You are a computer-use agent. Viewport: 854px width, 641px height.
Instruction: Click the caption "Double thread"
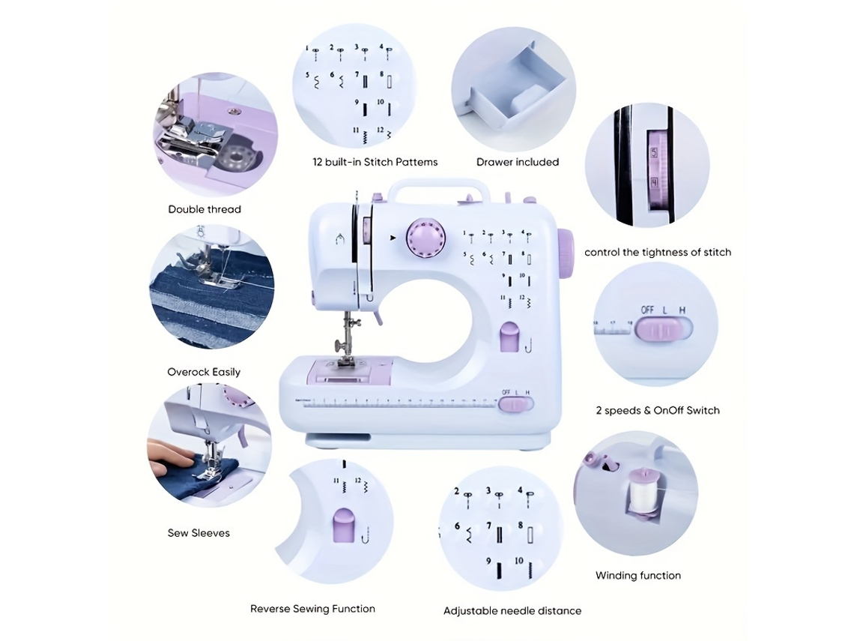[x=205, y=209]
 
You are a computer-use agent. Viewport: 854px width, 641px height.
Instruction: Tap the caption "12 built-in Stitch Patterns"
[x=375, y=162]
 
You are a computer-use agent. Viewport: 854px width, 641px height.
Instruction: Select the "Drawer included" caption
[x=518, y=162]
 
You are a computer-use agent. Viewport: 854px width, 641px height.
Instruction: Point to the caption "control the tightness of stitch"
[x=658, y=253]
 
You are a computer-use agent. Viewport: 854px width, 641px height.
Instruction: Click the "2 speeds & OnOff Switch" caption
[x=658, y=410]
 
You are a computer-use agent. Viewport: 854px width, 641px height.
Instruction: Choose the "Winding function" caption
[x=638, y=576]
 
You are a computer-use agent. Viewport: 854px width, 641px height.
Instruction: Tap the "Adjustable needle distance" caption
[x=512, y=611]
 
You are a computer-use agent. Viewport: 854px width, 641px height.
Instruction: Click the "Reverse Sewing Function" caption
[x=312, y=609]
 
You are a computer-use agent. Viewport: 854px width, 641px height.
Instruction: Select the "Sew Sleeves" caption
[x=199, y=533]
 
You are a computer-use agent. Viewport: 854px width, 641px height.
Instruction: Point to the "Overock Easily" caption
[x=204, y=373]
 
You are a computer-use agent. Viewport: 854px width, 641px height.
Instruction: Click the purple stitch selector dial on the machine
[x=426, y=238]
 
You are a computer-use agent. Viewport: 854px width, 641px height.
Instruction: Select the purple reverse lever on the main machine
[x=509, y=337]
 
